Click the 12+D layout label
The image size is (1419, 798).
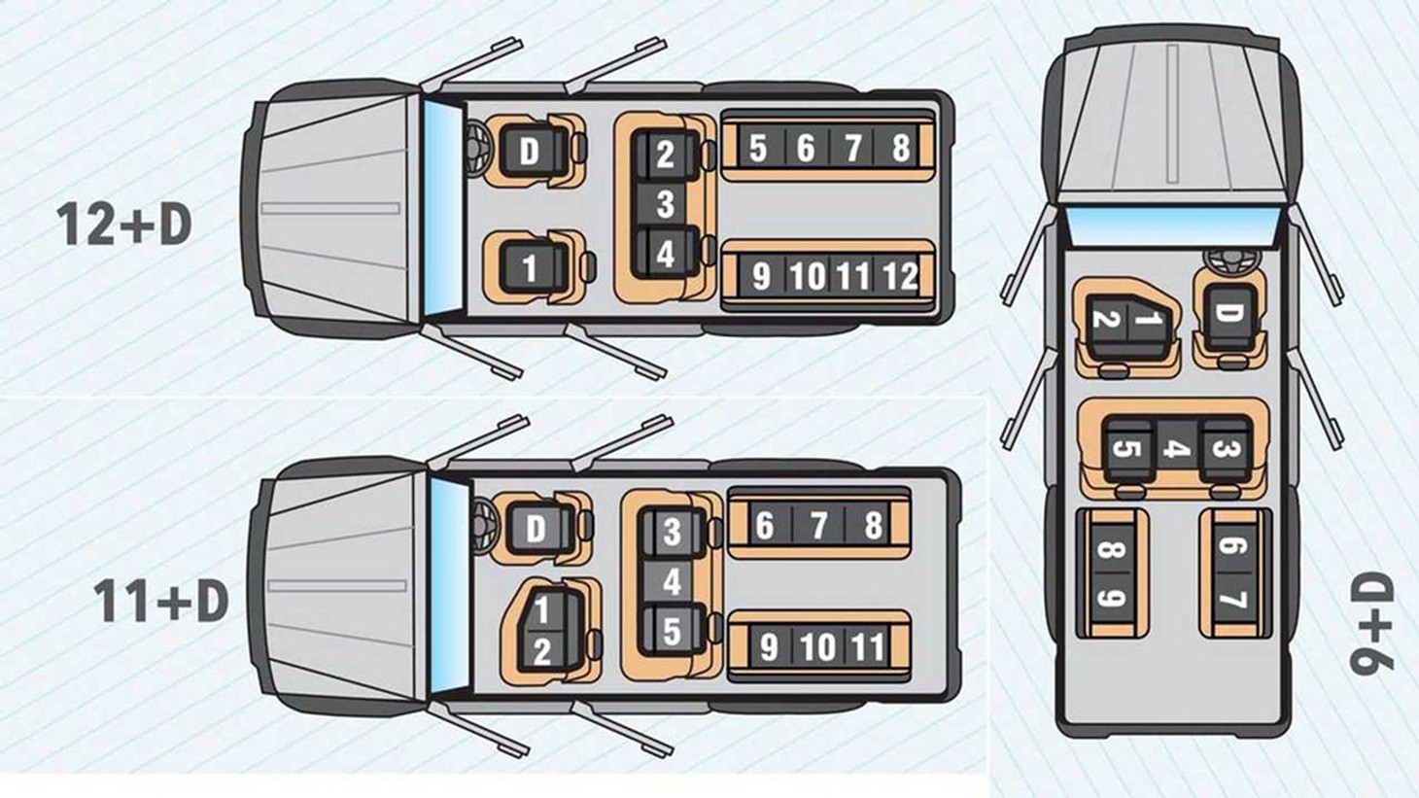tap(124, 225)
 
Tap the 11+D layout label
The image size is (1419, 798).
tap(161, 601)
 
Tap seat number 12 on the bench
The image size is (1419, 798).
tap(900, 275)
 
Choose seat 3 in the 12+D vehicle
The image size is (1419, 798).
tap(665, 204)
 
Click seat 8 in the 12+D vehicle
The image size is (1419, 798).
tap(900, 148)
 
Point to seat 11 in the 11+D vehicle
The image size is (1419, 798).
tap(868, 647)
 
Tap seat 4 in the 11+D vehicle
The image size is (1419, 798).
tap(672, 581)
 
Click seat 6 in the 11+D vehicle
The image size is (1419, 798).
tap(765, 526)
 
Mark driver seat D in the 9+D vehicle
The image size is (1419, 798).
tap(1229, 315)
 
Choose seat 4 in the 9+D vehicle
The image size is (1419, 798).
tap(1177, 448)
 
